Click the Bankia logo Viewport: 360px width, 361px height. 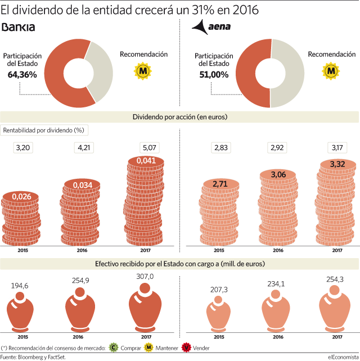tap(18, 27)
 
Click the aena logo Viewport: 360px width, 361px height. tap(211, 27)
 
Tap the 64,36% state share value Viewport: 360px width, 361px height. tap(22, 75)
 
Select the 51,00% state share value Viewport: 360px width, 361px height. tap(214, 75)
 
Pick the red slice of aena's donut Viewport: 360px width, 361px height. tap(247, 73)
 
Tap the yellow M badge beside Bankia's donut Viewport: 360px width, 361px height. tap(143, 71)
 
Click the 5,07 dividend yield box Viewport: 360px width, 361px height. tap(150, 147)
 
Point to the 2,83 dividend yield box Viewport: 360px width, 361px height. tap(221, 147)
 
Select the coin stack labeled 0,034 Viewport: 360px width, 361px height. tap(80, 212)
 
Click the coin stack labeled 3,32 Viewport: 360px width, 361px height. tap(335, 202)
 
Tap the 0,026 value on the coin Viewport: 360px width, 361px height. tap(21, 197)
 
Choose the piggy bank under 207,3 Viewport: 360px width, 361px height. tap(218, 314)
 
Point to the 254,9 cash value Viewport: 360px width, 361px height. tap(80, 281)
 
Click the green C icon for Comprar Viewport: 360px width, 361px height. tap(114, 348)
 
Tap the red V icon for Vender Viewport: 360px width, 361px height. tap(186, 348)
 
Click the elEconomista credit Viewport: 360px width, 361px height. tap(343, 357)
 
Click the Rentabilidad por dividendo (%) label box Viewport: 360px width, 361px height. tap(44, 130)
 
